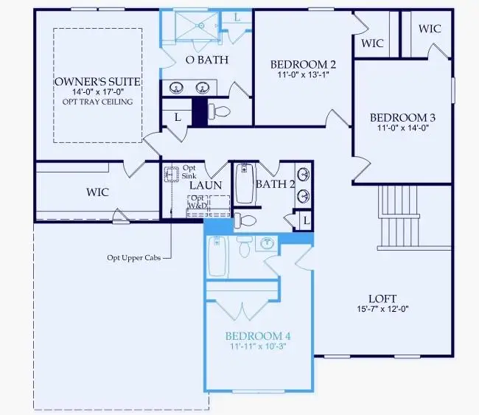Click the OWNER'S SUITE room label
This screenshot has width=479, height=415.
click(x=97, y=80)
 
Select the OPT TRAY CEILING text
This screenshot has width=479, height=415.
click(x=97, y=101)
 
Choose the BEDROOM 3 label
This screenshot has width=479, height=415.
click(x=402, y=117)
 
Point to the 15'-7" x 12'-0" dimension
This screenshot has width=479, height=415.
click(x=380, y=309)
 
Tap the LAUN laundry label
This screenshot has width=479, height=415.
click(x=206, y=184)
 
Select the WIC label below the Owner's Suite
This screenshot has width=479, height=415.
click(x=97, y=192)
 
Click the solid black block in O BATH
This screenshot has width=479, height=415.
click(x=200, y=111)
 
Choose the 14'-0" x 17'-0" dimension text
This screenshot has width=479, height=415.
click(x=97, y=91)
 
